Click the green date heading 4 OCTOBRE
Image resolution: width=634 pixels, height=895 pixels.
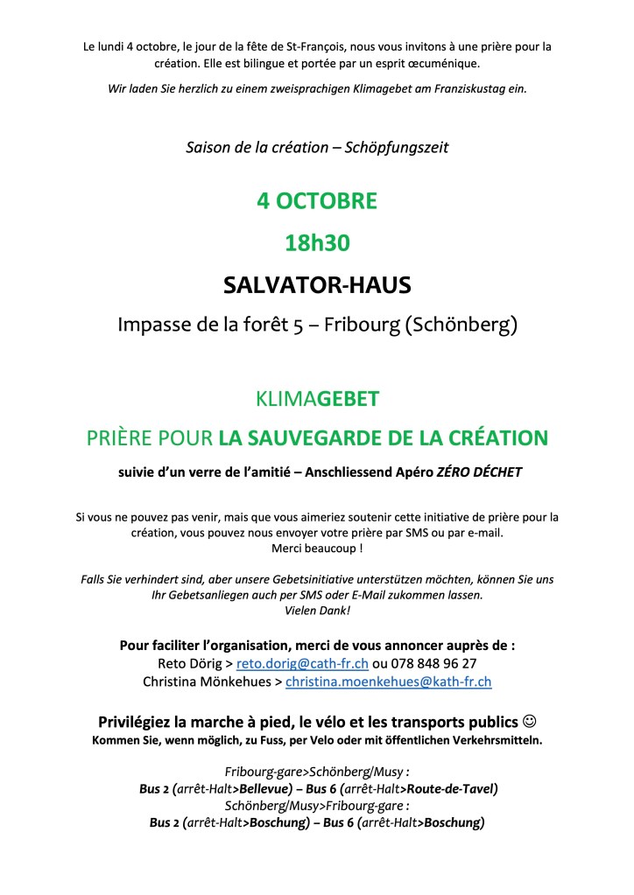(316, 201)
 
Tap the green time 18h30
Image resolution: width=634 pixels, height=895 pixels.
(316, 243)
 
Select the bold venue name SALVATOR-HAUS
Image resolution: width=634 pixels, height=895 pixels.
(317, 285)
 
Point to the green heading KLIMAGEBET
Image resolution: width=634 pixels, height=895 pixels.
(317, 399)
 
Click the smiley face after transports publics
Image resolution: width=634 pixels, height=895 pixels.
(528, 723)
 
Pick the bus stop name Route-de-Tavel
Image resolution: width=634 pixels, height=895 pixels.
(452, 788)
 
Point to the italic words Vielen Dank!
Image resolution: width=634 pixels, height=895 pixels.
(317, 611)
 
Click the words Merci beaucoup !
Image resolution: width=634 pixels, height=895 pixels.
(317, 548)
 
